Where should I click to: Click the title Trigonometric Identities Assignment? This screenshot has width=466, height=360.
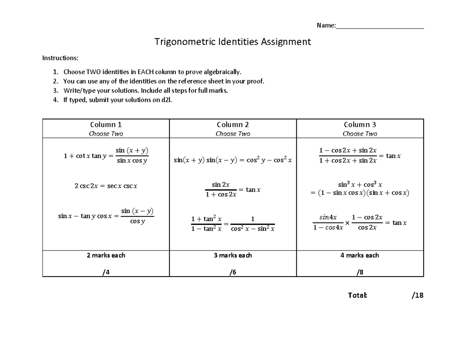coord(233,42)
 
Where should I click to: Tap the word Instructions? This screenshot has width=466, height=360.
coord(60,58)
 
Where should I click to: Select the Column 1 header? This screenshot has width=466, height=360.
coord(106,125)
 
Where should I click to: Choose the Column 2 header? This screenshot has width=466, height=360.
coord(233,125)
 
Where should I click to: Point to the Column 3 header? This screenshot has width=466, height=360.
coord(360,125)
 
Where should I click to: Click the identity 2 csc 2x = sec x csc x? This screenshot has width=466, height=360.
coord(106,186)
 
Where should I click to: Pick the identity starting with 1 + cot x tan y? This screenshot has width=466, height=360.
coord(106,156)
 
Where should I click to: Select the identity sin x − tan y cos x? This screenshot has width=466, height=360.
coord(106,216)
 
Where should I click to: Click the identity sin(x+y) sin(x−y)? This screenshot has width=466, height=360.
coord(233,160)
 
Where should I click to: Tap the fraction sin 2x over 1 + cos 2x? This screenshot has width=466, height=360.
coord(221,190)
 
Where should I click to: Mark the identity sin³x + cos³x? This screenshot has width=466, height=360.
coord(360,189)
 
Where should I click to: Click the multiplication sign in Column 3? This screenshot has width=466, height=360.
coord(347,223)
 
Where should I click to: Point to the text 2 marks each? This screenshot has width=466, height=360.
coord(106,256)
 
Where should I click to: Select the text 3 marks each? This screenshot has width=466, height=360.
coord(233,256)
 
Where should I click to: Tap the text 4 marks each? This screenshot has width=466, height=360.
coord(360,256)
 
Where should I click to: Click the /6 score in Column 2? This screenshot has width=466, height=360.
coord(233,273)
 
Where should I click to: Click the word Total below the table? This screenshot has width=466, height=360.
coord(358,296)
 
